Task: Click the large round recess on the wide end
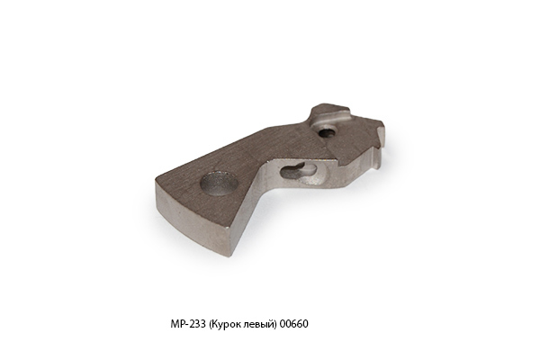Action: pyautogui.click(x=219, y=183)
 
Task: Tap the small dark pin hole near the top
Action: pyautogui.click(x=325, y=132)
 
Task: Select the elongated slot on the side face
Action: pyautogui.click(x=299, y=170)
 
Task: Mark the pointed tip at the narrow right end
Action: pyautogui.click(x=383, y=123)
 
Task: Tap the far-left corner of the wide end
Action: pyautogui.click(x=157, y=180)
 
